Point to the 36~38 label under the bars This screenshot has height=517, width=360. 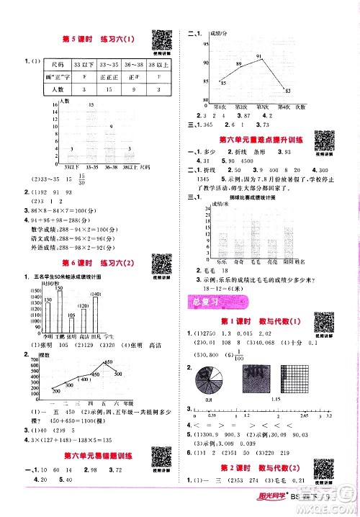click(109, 167)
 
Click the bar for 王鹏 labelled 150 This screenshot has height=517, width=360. click(61, 310)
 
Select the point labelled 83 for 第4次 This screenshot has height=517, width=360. click(288, 88)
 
